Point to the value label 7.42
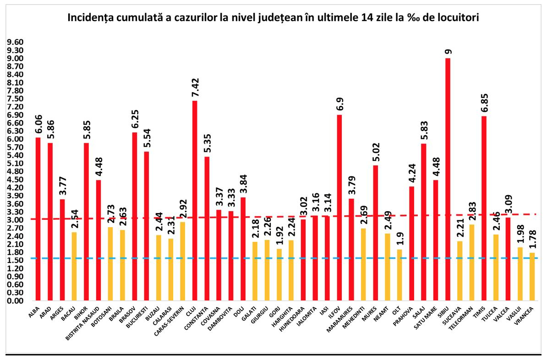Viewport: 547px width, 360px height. point(195,87)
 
